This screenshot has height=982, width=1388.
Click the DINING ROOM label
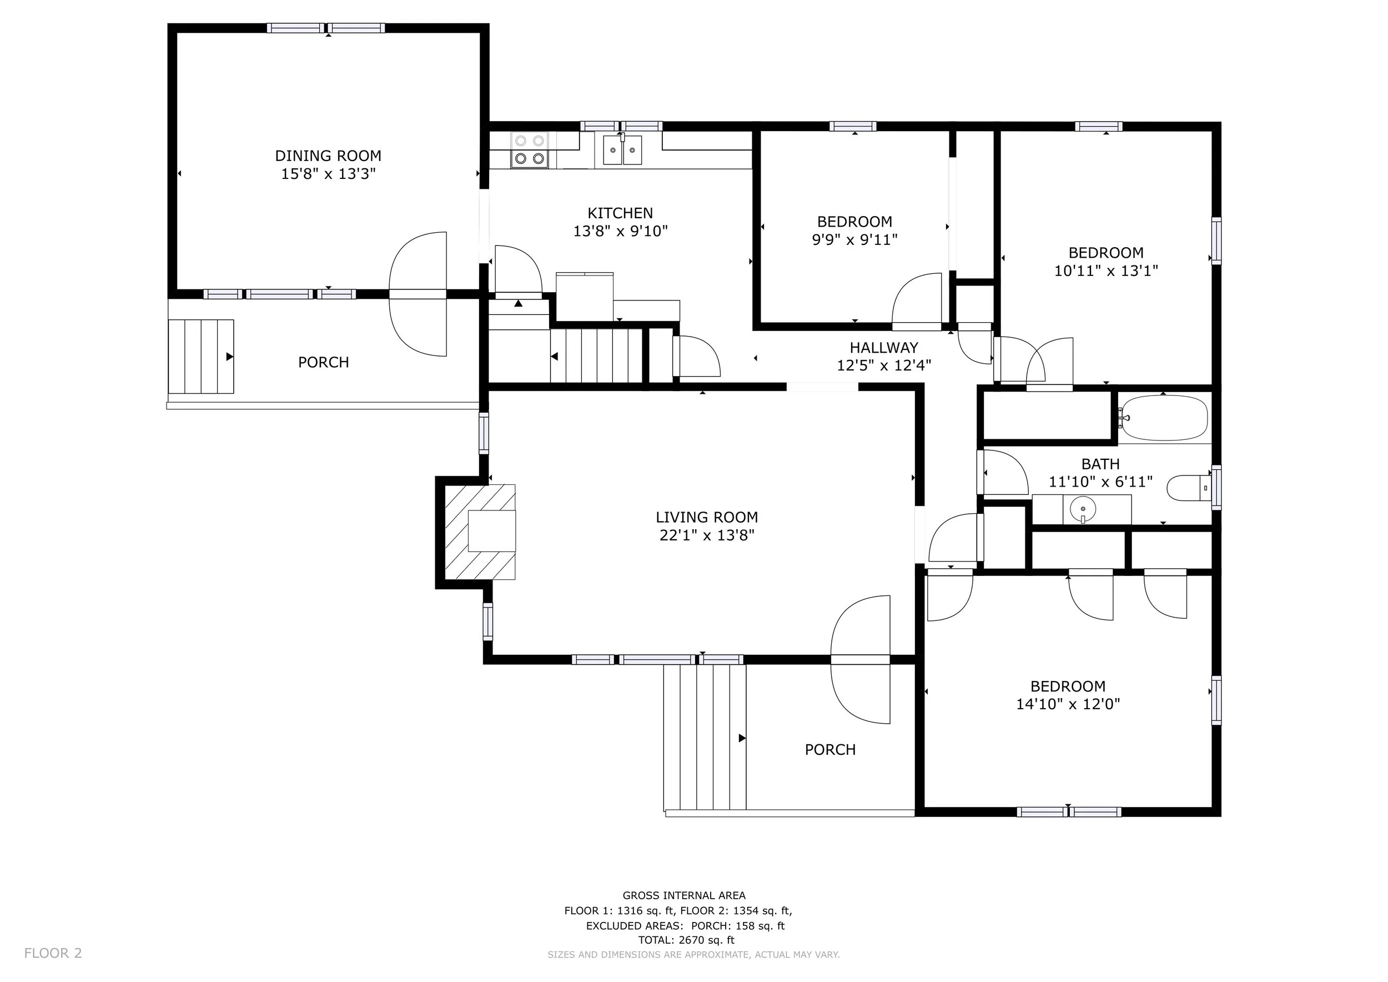tap(328, 156)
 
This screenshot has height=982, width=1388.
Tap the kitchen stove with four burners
tap(530, 150)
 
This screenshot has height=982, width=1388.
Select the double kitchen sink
tap(622, 150)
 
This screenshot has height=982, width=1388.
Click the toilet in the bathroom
tap(1189, 488)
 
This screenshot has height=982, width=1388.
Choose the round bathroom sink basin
tap(1082, 509)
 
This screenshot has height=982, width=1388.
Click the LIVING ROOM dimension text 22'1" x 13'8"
tap(707, 535)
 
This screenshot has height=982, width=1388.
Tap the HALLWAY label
tap(884, 348)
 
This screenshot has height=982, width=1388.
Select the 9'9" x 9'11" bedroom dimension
tap(854, 240)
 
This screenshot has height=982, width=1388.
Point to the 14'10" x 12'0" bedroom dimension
tap(1068, 704)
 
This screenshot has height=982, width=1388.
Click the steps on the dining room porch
tap(200, 357)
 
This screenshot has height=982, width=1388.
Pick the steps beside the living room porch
tap(705, 737)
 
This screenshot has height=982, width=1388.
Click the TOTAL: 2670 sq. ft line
tap(686, 940)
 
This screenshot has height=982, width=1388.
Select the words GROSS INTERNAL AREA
tap(685, 895)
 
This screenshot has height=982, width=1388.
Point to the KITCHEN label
tap(620, 213)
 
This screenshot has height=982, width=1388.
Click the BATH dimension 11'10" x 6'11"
tap(1100, 482)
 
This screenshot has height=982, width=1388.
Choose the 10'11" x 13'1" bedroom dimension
tap(1106, 271)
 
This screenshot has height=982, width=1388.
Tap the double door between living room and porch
tap(860, 660)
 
